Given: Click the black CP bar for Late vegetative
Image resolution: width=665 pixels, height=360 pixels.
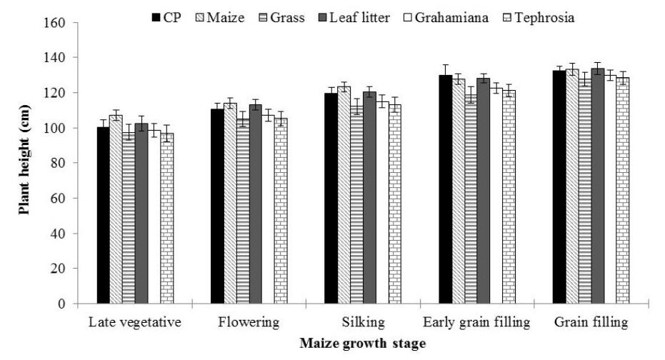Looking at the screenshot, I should pos(104,216).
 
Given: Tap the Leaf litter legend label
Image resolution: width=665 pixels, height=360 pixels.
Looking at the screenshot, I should pos(360,16).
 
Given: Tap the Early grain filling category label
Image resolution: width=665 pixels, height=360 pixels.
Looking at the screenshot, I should pos(476,322).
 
